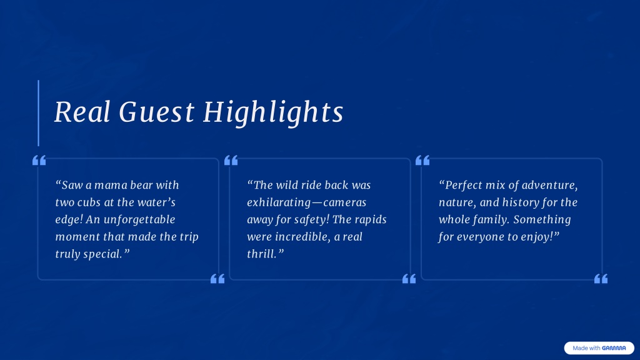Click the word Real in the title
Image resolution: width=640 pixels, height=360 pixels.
pos(82,111)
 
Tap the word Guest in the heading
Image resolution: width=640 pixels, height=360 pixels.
pos(157,111)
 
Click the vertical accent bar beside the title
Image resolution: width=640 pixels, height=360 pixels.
pos(38,113)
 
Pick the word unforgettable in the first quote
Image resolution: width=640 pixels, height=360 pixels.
pos(139,219)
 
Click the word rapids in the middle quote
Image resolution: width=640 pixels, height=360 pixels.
pos(370,219)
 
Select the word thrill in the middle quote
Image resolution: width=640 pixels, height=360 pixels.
pos(262,254)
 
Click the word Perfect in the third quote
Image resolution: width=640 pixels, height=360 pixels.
pos(464,185)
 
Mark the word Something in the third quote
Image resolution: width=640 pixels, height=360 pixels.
pos(542,219)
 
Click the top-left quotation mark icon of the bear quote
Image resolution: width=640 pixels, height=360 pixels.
pos(39,161)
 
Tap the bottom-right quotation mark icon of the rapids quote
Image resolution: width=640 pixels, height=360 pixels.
pos(409,279)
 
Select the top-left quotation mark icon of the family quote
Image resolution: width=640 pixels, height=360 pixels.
pos(422,161)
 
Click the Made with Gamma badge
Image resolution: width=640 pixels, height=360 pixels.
pos(599,348)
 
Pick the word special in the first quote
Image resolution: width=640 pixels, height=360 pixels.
pos(103,254)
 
